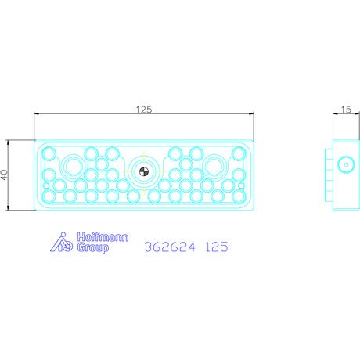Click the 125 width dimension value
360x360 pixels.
(144, 110)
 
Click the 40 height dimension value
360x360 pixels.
(5, 175)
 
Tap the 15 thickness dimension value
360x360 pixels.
(346, 110)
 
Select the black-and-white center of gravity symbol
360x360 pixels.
(144, 171)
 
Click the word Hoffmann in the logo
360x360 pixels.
(103, 237)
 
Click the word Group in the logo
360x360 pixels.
(93, 247)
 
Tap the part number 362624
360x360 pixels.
(170, 247)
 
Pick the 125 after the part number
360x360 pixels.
(217, 247)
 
